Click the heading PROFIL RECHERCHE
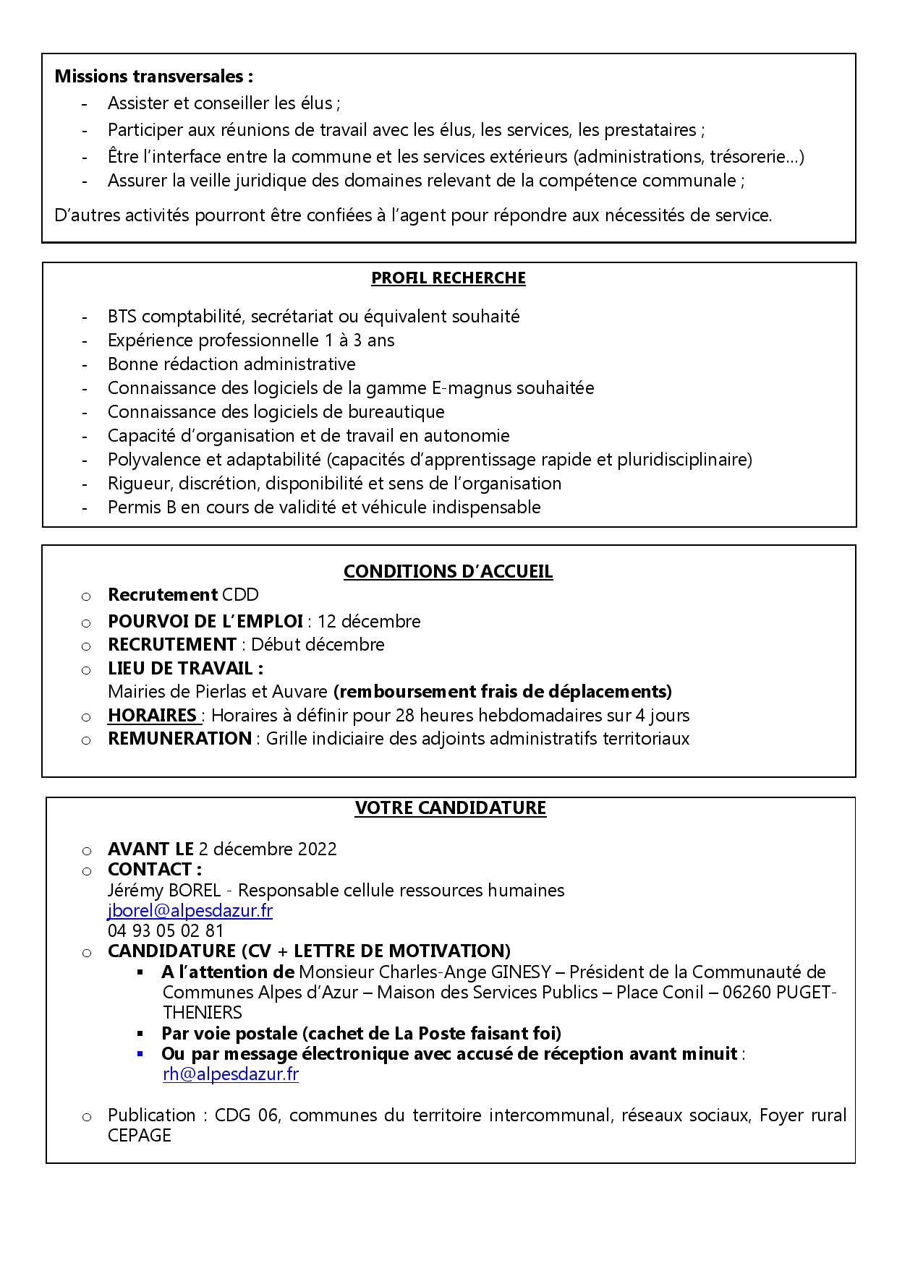pyautogui.click(x=448, y=278)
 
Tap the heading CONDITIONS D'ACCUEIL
pyautogui.click(x=448, y=572)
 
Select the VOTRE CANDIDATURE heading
pyautogui.click(x=450, y=808)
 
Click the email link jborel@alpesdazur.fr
pyautogui.click(x=190, y=911)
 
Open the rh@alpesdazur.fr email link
pyautogui.click(x=231, y=1074)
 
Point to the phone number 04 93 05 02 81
pyautogui.click(x=166, y=931)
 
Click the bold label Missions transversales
pyautogui.click(x=154, y=76)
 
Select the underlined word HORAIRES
pyautogui.click(x=153, y=716)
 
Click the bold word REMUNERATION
pyautogui.click(x=179, y=739)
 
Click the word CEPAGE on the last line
pyautogui.click(x=140, y=1136)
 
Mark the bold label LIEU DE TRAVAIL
pyautogui.click(x=185, y=669)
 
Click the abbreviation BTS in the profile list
pyautogui.click(x=122, y=317)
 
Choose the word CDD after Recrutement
pyautogui.click(x=240, y=595)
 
